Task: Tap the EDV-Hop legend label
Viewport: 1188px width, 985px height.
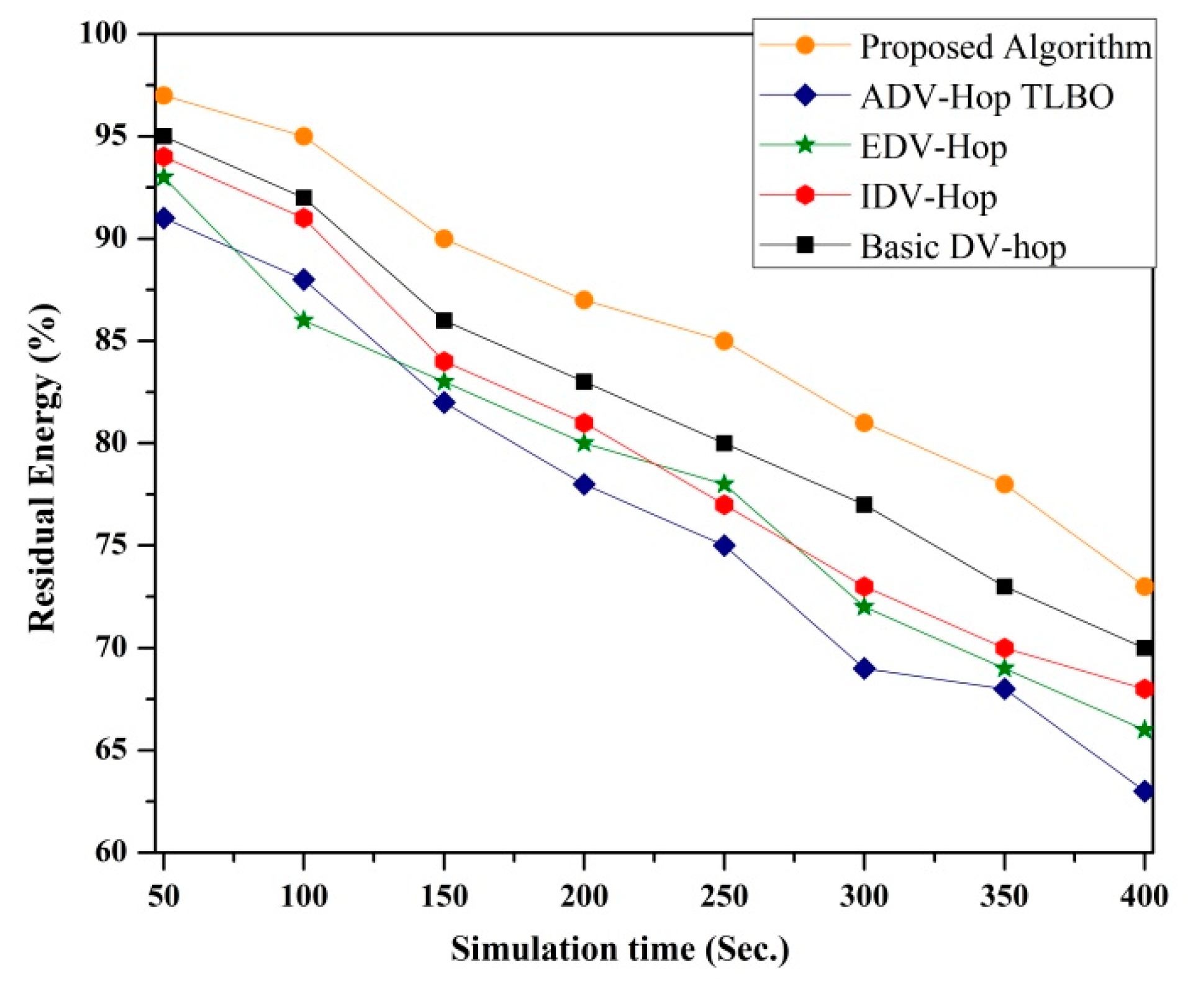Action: coord(933,147)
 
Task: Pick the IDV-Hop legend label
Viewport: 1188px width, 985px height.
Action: coord(928,197)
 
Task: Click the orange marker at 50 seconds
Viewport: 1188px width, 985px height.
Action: coord(164,96)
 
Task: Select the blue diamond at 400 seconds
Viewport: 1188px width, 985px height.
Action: coord(1144,792)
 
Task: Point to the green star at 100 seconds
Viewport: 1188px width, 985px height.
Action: coord(304,321)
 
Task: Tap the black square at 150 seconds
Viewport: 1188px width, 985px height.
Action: coord(444,321)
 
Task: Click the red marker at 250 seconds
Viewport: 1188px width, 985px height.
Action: coord(724,505)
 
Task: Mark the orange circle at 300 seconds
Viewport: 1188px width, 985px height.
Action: coord(864,424)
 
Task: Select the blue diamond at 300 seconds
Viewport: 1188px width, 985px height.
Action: coord(864,669)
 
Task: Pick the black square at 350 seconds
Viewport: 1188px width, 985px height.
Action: coord(1004,587)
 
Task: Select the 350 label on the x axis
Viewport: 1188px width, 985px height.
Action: coord(1004,896)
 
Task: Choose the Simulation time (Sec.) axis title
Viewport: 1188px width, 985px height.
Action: coord(620,949)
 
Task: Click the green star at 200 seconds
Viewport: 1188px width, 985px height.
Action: coord(584,443)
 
